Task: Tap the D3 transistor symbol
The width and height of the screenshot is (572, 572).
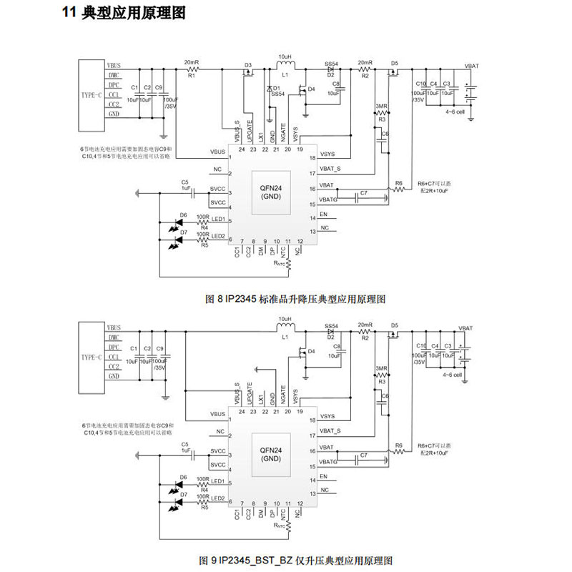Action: pyautogui.click(x=248, y=71)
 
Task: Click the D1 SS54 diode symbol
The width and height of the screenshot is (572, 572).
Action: pyautogui.click(x=270, y=89)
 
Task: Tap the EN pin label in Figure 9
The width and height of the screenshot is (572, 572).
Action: pyautogui.click(x=324, y=476)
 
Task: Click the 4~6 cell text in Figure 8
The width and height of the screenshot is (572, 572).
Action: pyautogui.click(x=455, y=112)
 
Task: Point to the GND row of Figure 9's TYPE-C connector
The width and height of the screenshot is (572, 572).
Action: pyautogui.click(x=114, y=376)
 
